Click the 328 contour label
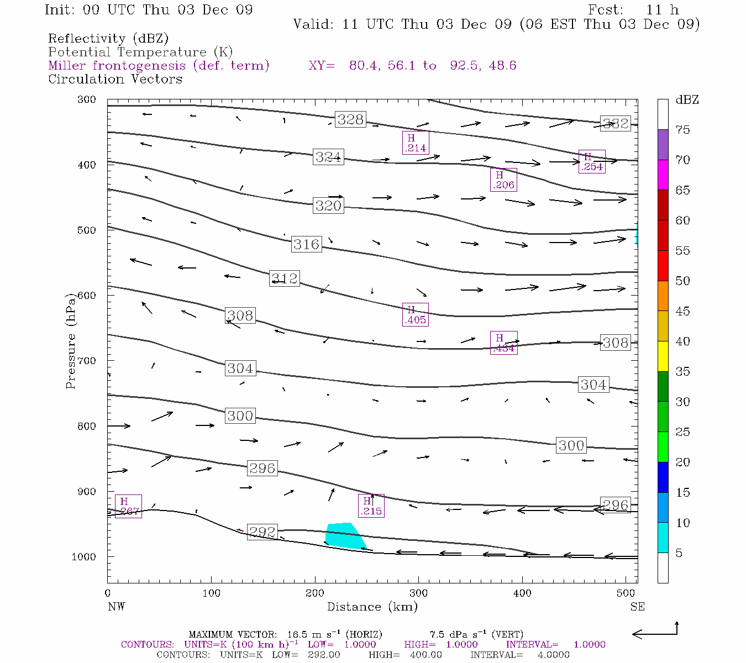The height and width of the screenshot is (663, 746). coord(350,119)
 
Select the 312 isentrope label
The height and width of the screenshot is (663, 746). coord(285,278)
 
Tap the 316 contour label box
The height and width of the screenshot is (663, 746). coord(306,244)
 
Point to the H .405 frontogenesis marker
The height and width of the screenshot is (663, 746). coord(416,315)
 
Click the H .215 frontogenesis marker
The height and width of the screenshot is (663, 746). coord(371,506)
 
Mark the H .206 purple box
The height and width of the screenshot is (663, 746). coord(503,180)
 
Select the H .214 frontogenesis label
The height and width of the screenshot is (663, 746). coord(416,143)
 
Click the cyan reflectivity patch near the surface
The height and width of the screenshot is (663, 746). coord(344,535)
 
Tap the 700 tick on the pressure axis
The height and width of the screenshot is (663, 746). coord(87,361)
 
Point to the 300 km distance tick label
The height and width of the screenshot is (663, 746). coord(418,593)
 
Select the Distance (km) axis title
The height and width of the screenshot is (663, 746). coord(372,607)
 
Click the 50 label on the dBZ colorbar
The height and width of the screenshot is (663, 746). coord(682,281)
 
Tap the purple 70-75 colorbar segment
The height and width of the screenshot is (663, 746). coord(663,145)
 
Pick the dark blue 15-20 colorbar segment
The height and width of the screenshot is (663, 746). coord(663,477)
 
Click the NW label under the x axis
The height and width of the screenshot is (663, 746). coord(116,607)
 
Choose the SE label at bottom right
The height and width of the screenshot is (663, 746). coord(637,607)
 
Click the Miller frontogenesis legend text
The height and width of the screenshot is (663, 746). coord(159,66)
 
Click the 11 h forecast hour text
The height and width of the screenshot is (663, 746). coord(662,10)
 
